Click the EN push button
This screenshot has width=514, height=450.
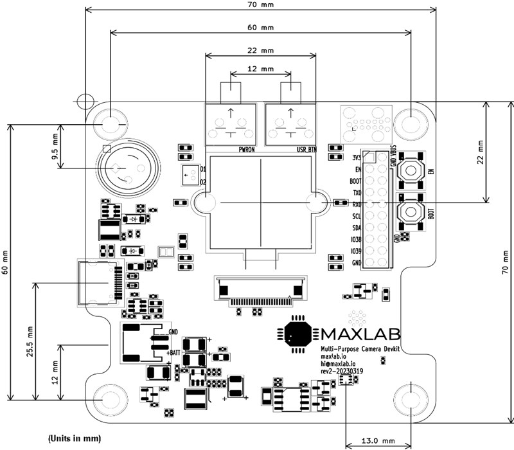point(410,171)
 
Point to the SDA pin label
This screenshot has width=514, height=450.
point(355,228)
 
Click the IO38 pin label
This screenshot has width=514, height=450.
point(355,239)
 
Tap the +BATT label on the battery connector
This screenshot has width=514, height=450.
point(173,352)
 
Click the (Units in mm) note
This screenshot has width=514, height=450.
point(75,438)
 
